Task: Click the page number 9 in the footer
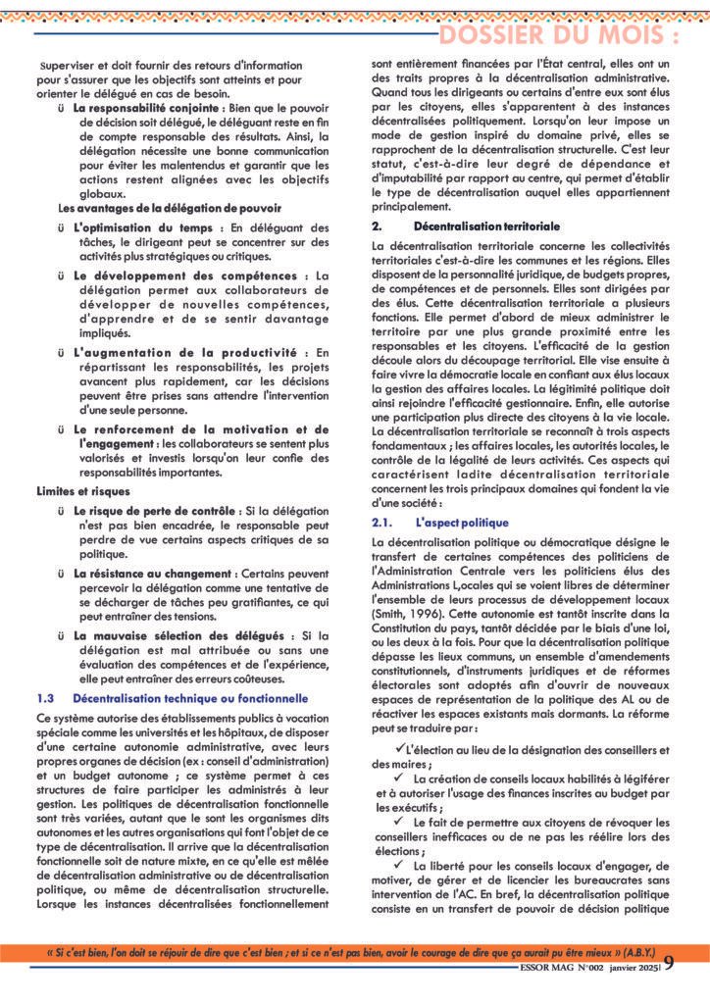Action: (669, 989)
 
